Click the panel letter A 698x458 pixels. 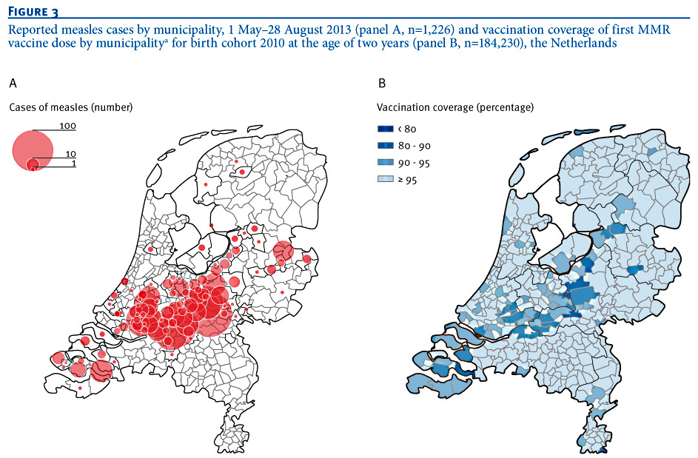coord(13,83)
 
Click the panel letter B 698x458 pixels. coord(382,83)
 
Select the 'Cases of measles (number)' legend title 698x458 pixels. coord(70,107)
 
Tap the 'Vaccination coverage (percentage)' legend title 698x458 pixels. coord(455,107)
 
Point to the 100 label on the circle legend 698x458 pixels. coord(67,127)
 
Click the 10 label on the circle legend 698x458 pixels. coord(70,154)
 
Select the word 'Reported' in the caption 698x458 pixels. coord(30,29)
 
